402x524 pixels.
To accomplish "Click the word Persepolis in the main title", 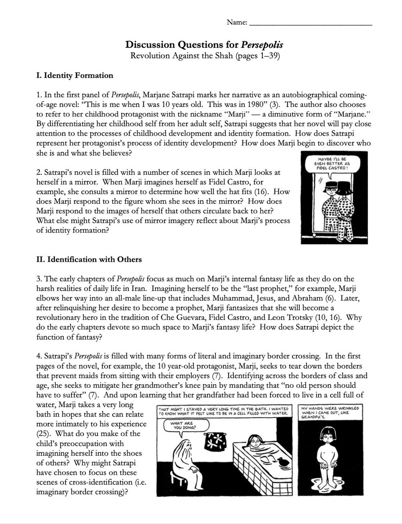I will point(262,45).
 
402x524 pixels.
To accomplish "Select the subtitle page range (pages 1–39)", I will point(257,56).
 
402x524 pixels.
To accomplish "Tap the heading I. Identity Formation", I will point(75,75).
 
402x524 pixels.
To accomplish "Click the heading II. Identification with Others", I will point(89,259).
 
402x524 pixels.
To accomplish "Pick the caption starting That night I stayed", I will point(223,411).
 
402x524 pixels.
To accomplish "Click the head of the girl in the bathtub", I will point(255,441).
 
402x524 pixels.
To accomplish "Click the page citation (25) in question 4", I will point(43,434).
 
